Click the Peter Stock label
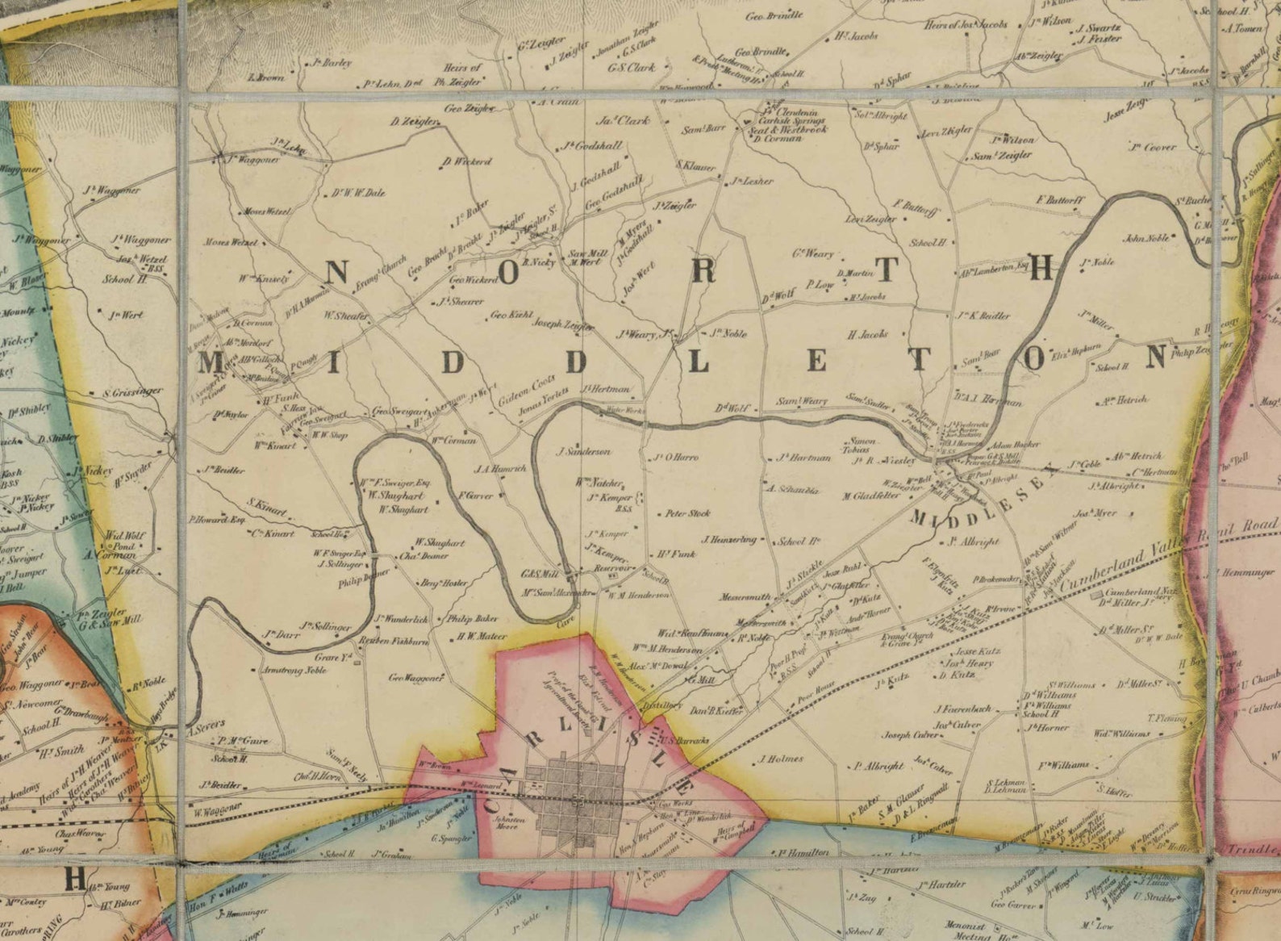(687, 513)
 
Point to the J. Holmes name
(781, 759)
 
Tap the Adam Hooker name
(1015, 445)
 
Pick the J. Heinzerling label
(729, 539)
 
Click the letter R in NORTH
(703, 273)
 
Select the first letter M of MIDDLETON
(211, 362)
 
